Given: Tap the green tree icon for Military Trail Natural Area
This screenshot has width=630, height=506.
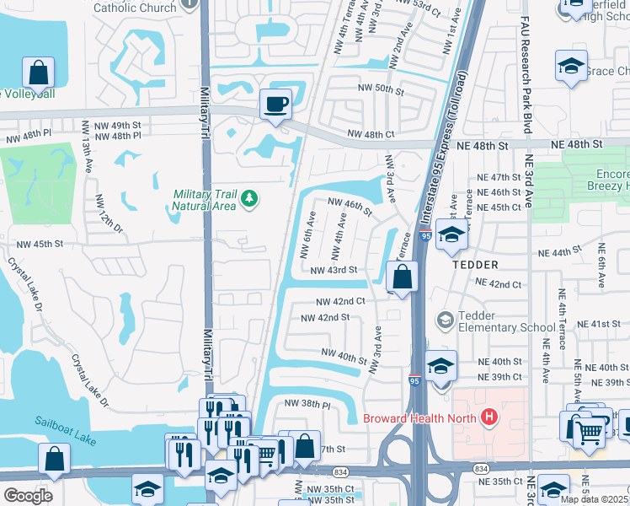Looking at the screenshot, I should coord(248,198).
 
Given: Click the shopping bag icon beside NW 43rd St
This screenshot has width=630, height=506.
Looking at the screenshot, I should coord(403,276).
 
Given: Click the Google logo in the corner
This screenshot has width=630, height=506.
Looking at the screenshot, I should coord(27,496).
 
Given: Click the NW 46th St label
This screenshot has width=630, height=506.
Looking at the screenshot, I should coord(350,205).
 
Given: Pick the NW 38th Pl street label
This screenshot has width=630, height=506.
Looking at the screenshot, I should coord(307,404).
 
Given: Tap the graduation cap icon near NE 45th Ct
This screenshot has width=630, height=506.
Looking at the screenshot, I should coord(451,237).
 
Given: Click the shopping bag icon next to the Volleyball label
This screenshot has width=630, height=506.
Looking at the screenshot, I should coord(39,73).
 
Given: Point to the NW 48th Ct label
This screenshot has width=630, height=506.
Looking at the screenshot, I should coord(370,135).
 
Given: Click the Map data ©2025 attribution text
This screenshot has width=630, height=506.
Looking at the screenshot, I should coord(595,499).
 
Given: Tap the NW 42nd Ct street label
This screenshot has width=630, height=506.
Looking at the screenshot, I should coord(340,301).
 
